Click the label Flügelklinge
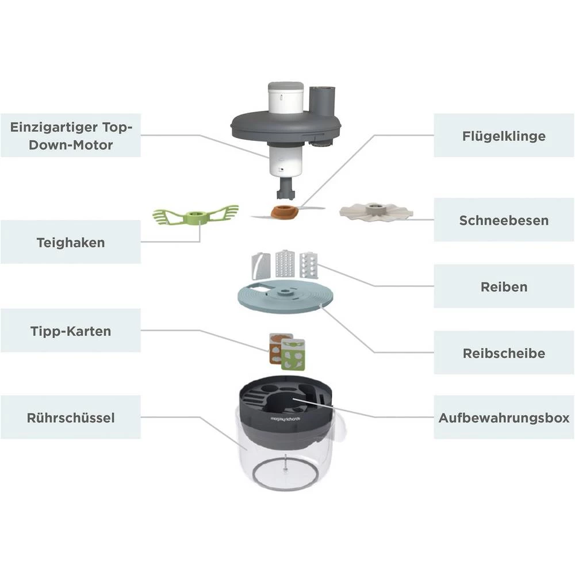[504, 136]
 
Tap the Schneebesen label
[504, 220]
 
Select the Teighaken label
[71, 242]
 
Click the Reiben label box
[504, 286]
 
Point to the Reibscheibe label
[504, 353]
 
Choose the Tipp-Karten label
[71, 331]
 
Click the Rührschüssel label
[71, 417]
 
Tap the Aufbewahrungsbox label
[504, 417]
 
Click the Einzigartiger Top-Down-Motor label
[71, 135]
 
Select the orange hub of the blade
[284, 211]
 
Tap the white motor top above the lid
[286, 98]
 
